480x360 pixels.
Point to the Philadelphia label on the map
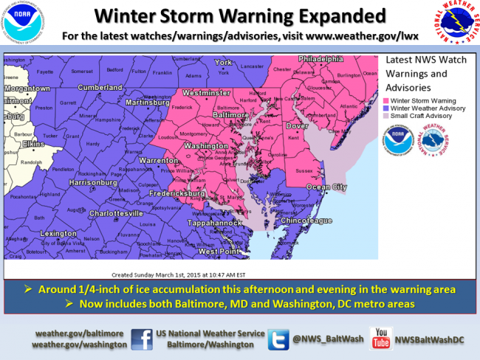pos(320,58)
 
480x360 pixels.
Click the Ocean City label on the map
pos(326,187)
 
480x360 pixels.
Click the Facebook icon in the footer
pos(142,339)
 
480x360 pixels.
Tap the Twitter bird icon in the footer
pos(278,339)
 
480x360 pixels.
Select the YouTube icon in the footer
pos(380,339)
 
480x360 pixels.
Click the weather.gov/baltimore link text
pos(80,333)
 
